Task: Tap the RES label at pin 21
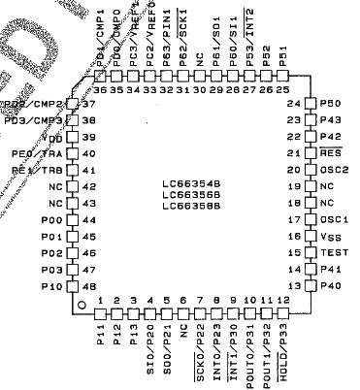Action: pyautogui.click(x=331, y=153)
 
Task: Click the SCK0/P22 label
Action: pyautogui.click(x=200, y=352)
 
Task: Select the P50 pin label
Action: pyautogui.click(x=331, y=103)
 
